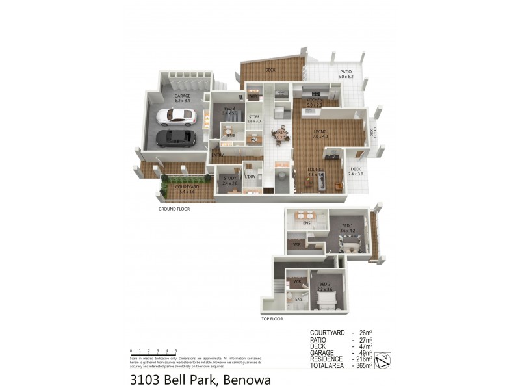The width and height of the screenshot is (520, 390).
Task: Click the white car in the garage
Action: [x=175, y=116]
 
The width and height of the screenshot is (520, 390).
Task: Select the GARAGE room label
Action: [x=182, y=96]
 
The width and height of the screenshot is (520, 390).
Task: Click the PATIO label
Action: [x=345, y=71]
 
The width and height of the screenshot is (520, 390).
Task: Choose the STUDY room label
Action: [x=229, y=178]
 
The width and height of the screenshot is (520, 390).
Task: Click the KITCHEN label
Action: [x=315, y=99]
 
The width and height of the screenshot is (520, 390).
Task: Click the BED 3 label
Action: [x=229, y=108]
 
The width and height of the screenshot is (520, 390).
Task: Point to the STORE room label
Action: [x=254, y=116]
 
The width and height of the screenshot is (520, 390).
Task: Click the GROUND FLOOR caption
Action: [x=174, y=209]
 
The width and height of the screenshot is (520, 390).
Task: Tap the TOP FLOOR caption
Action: [x=272, y=319]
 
